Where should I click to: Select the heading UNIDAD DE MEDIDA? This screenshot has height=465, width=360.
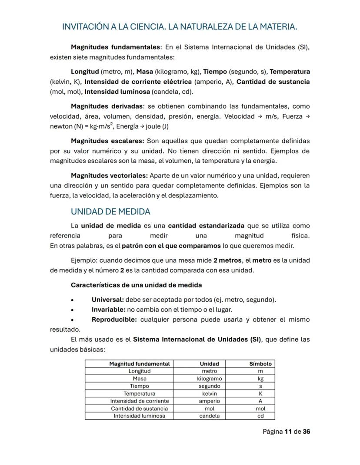110,212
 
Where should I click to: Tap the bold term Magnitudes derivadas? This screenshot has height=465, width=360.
107,106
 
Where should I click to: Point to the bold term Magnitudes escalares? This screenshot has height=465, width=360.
107,141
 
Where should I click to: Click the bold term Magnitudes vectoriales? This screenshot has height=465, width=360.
110,176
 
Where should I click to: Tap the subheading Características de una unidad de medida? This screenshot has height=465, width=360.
136,285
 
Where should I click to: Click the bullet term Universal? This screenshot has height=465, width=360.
107,300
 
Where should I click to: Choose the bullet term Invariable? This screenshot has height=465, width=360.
108,310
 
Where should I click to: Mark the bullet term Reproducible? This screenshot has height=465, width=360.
114,320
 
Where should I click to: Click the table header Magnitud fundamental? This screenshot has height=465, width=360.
139,364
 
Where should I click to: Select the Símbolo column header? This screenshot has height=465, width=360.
260,364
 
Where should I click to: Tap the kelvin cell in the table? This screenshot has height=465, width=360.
209,394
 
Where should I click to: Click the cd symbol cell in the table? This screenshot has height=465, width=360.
260,416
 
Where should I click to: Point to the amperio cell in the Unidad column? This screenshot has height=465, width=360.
209,401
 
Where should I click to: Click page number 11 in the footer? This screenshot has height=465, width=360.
287,432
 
